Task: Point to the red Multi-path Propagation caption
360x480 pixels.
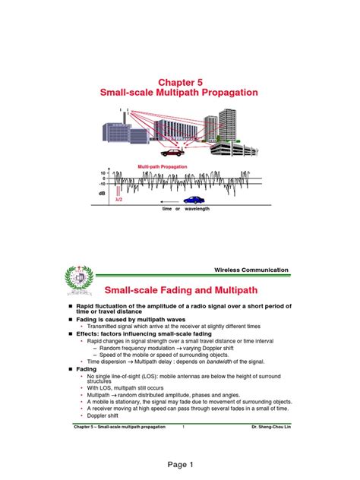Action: (x=162, y=166)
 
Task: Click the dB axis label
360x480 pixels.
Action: (x=103, y=193)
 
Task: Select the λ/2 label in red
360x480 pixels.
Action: (x=118, y=201)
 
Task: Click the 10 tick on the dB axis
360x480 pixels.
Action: (x=103, y=173)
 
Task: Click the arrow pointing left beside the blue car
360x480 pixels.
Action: (x=168, y=201)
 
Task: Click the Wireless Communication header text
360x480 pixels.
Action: (x=251, y=270)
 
